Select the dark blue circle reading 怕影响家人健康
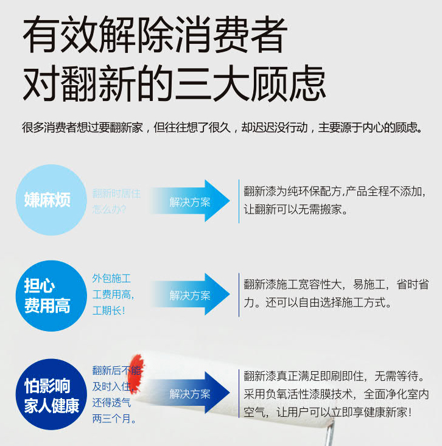pos(51,395)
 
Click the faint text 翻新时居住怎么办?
pos(116,201)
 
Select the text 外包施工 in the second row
pos(112,279)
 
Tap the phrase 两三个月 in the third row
pos(114,419)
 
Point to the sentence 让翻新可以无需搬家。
pos(296,209)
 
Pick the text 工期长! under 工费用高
pos(109,310)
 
